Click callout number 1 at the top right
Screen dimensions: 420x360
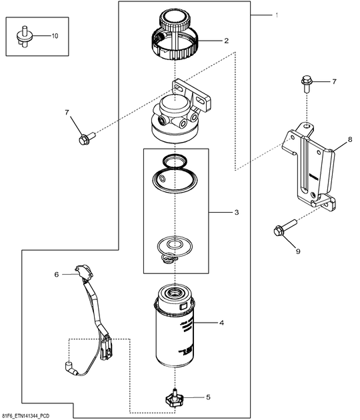pyautogui.click(x=277, y=14)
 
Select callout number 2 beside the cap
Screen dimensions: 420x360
pyautogui.click(x=226, y=41)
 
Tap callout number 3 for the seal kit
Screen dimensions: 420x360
pyautogui.click(x=235, y=213)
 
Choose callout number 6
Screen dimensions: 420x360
pyautogui.click(x=57, y=274)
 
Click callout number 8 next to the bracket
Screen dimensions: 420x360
pyautogui.click(x=349, y=141)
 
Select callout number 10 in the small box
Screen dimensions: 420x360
pyautogui.click(x=55, y=35)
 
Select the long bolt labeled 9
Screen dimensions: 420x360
pyautogui.click(x=283, y=228)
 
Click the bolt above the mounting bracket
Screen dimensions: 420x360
pyautogui.click(x=306, y=83)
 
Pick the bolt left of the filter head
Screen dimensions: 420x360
pyautogui.click(x=86, y=138)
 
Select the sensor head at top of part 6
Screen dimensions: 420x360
pyautogui.click(x=83, y=271)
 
